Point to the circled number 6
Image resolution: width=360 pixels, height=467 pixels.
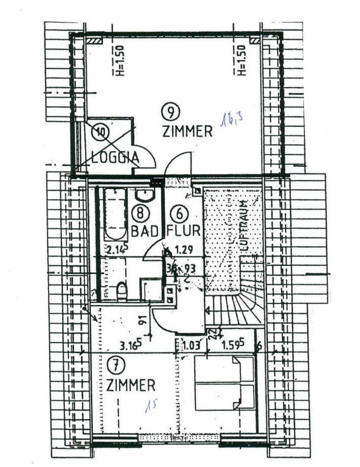[178, 213]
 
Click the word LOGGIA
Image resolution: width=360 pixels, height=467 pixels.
[115, 157]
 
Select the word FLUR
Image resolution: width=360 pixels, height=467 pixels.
[184, 231]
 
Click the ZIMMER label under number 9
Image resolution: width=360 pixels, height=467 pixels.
[187, 131]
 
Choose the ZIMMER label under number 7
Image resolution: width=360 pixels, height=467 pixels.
[131, 384]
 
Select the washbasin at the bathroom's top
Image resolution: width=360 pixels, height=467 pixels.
[145, 195]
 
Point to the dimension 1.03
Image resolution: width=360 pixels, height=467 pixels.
[191, 346]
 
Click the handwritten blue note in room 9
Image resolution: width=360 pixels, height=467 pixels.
[231, 118]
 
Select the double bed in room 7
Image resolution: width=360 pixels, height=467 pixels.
[223, 383]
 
